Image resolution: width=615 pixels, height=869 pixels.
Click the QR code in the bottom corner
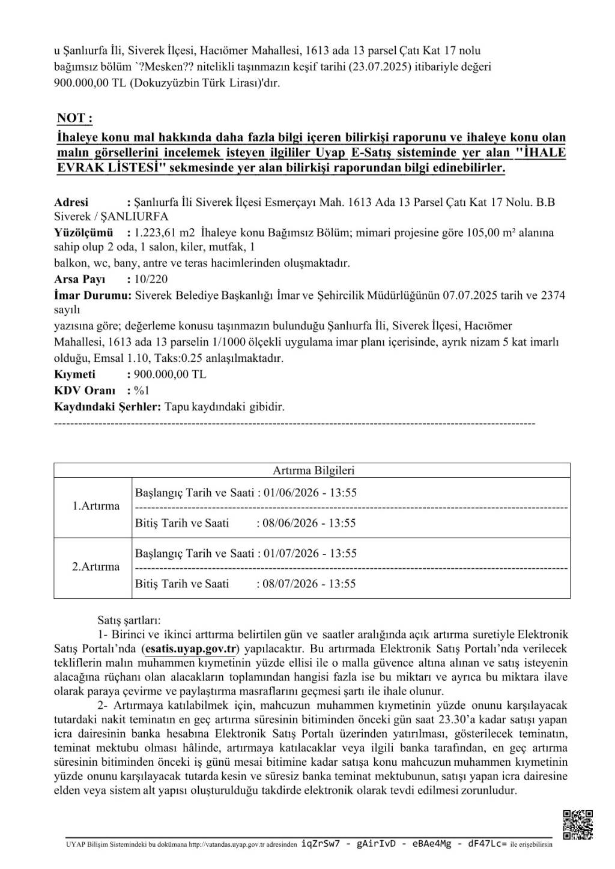click(578, 825)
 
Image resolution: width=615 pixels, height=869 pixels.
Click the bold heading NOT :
click(74, 118)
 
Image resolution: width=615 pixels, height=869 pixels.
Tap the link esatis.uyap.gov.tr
click(192, 648)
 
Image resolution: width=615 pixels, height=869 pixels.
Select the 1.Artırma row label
click(95, 506)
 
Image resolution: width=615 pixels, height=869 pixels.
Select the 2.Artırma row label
click(95, 567)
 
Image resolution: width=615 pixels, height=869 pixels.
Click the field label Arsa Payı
click(80, 279)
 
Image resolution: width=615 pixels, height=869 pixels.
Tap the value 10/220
click(151, 279)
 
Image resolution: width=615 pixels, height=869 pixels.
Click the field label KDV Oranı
click(85, 390)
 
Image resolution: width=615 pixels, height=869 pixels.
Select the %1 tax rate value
click(142, 390)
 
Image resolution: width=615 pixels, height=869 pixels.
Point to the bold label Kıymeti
click(75, 374)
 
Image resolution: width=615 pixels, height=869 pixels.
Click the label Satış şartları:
click(129, 620)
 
